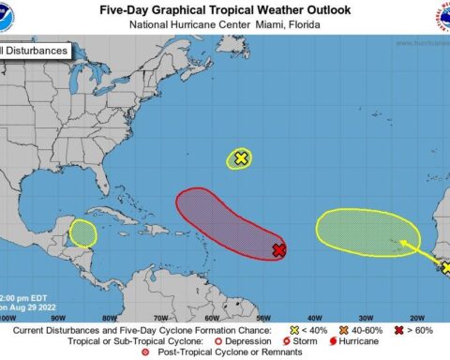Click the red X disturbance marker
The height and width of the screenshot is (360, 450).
click(x=278, y=249)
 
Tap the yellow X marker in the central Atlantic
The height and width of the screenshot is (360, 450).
click(x=241, y=158)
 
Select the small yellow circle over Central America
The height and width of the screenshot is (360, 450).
click(x=83, y=232)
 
